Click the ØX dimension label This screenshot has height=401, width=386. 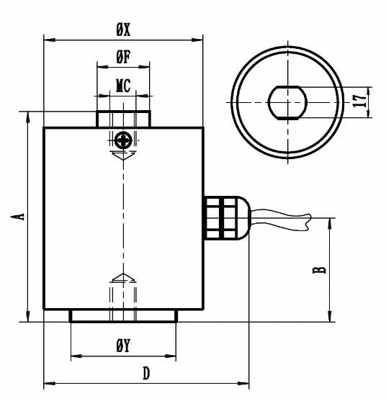coord(123,31)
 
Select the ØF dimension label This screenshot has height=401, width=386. coord(123,57)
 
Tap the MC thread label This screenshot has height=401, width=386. coord(123,86)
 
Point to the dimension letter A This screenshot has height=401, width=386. coord(18,217)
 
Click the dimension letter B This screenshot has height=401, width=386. coord(320,270)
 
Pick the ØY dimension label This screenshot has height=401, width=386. coord(123,346)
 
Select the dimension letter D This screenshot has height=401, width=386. coord(146,374)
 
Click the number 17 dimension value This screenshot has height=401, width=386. coord(359,101)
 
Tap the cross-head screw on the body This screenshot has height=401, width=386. coord(123,140)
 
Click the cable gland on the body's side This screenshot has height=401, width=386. coord(227,218)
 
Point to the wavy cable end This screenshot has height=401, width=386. coord(281,220)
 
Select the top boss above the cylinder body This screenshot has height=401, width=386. coord(123,120)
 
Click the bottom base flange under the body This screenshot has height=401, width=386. coord(123,315)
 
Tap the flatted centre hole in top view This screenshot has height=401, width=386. coord(287,102)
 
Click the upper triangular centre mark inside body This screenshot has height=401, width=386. coord(123,156)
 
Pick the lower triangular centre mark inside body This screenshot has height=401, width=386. coord(123,278)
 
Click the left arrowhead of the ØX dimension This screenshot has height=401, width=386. coord(50,40)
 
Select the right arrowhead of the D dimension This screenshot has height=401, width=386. coord(243,384)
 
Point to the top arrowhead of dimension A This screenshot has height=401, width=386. coord(28,117)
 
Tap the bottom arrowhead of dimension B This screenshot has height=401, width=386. coord(330,316)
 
